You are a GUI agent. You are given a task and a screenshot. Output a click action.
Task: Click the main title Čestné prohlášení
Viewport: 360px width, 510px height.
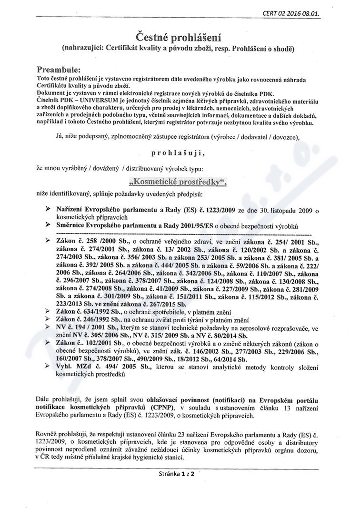[180, 37]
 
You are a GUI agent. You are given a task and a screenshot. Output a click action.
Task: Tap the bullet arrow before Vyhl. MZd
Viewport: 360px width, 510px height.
[47, 365]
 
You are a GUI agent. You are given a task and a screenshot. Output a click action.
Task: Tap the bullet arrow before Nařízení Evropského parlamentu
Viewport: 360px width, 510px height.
[47, 210]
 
